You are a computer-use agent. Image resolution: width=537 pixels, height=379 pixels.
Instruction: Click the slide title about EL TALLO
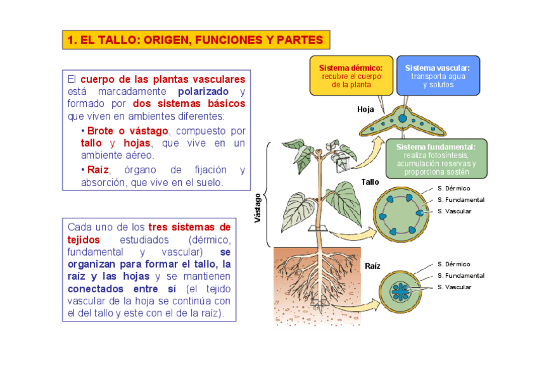[196, 40]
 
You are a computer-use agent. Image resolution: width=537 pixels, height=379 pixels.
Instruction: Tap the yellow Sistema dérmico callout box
[351, 75]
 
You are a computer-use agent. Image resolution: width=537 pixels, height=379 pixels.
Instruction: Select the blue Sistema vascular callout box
[438, 75]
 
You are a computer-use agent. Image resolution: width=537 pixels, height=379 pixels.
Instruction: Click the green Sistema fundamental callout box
[436, 158]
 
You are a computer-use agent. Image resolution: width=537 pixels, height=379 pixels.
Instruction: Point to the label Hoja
[365, 109]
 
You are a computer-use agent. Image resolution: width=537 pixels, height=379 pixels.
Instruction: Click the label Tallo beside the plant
[370, 182]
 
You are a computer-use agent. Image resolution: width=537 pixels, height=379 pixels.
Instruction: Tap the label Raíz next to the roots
[372, 266]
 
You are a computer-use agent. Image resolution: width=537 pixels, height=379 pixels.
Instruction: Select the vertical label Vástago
[257, 208]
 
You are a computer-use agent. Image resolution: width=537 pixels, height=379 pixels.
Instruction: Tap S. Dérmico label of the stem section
[453, 188]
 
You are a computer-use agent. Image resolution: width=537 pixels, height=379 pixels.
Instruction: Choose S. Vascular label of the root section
[454, 287]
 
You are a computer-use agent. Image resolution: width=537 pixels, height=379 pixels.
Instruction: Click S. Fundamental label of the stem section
[460, 199]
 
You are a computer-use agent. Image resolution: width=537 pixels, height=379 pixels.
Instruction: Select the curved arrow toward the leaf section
[374, 151]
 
